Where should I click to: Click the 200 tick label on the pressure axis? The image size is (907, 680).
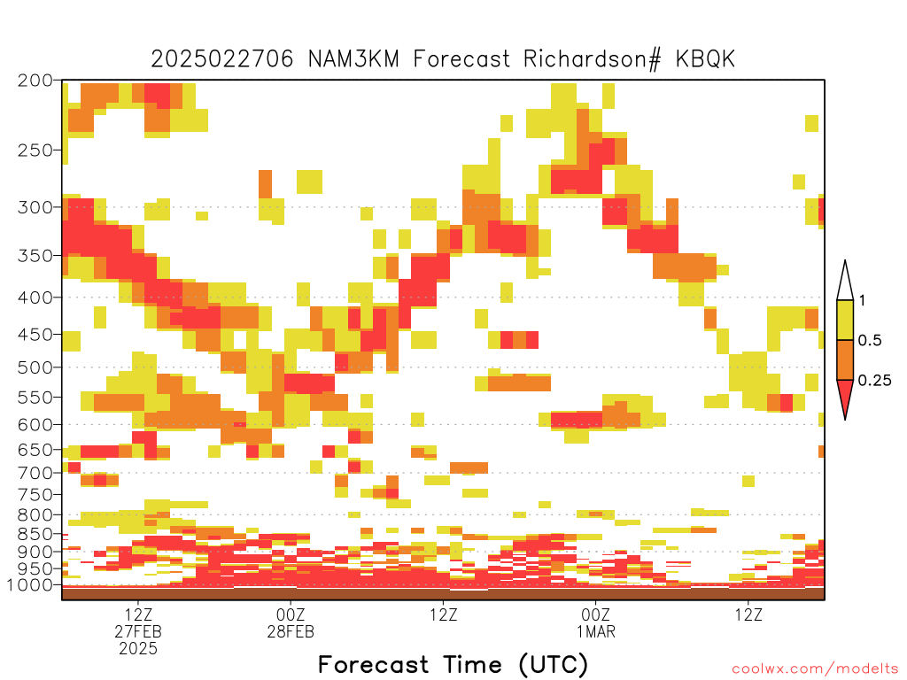pyautogui.click(x=35, y=81)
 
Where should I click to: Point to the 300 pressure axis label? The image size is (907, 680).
pyautogui.click(x=35, y=207)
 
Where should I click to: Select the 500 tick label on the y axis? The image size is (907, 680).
pyautogui.click(x=35, y=367)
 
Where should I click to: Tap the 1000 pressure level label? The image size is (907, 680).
pyautogui.click(x=29, y=585)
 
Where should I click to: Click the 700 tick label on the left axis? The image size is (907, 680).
pyautogui.click(x=35, y=473)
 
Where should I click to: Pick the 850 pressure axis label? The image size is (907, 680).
pyautogui.click(x=35, y=534)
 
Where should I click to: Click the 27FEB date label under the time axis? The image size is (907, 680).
pyautogui.click(x=138, y=631)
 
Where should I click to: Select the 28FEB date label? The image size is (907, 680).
pyautogui.click(x=291, y=631)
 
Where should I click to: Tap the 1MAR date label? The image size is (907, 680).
pyautogui.click(x=596, y=631)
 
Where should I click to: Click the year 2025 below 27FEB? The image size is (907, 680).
pyautogui.click(x=138, y=649)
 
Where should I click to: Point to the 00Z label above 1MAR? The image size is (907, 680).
pyautogui.click(x=596, y=614)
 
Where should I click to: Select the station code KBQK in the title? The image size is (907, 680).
pyautogui.click(x=705, y=59)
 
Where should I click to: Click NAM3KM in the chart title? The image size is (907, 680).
pyautogui.click(x=353, y=59)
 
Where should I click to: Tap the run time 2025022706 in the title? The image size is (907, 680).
pyautogui.click(x=222, y=59)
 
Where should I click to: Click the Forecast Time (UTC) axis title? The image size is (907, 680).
pyautogui.click(x=453, y=665)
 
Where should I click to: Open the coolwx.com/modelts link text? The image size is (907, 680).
pyautogui.click(x=815, y=669)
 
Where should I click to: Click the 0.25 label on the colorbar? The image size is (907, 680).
pyautogui.click(x=874, y=381)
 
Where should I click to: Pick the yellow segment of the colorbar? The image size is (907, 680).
pyautogui.click(x=845, y=320)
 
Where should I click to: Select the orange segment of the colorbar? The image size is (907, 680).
pyautogui.click(x=845, y=359)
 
